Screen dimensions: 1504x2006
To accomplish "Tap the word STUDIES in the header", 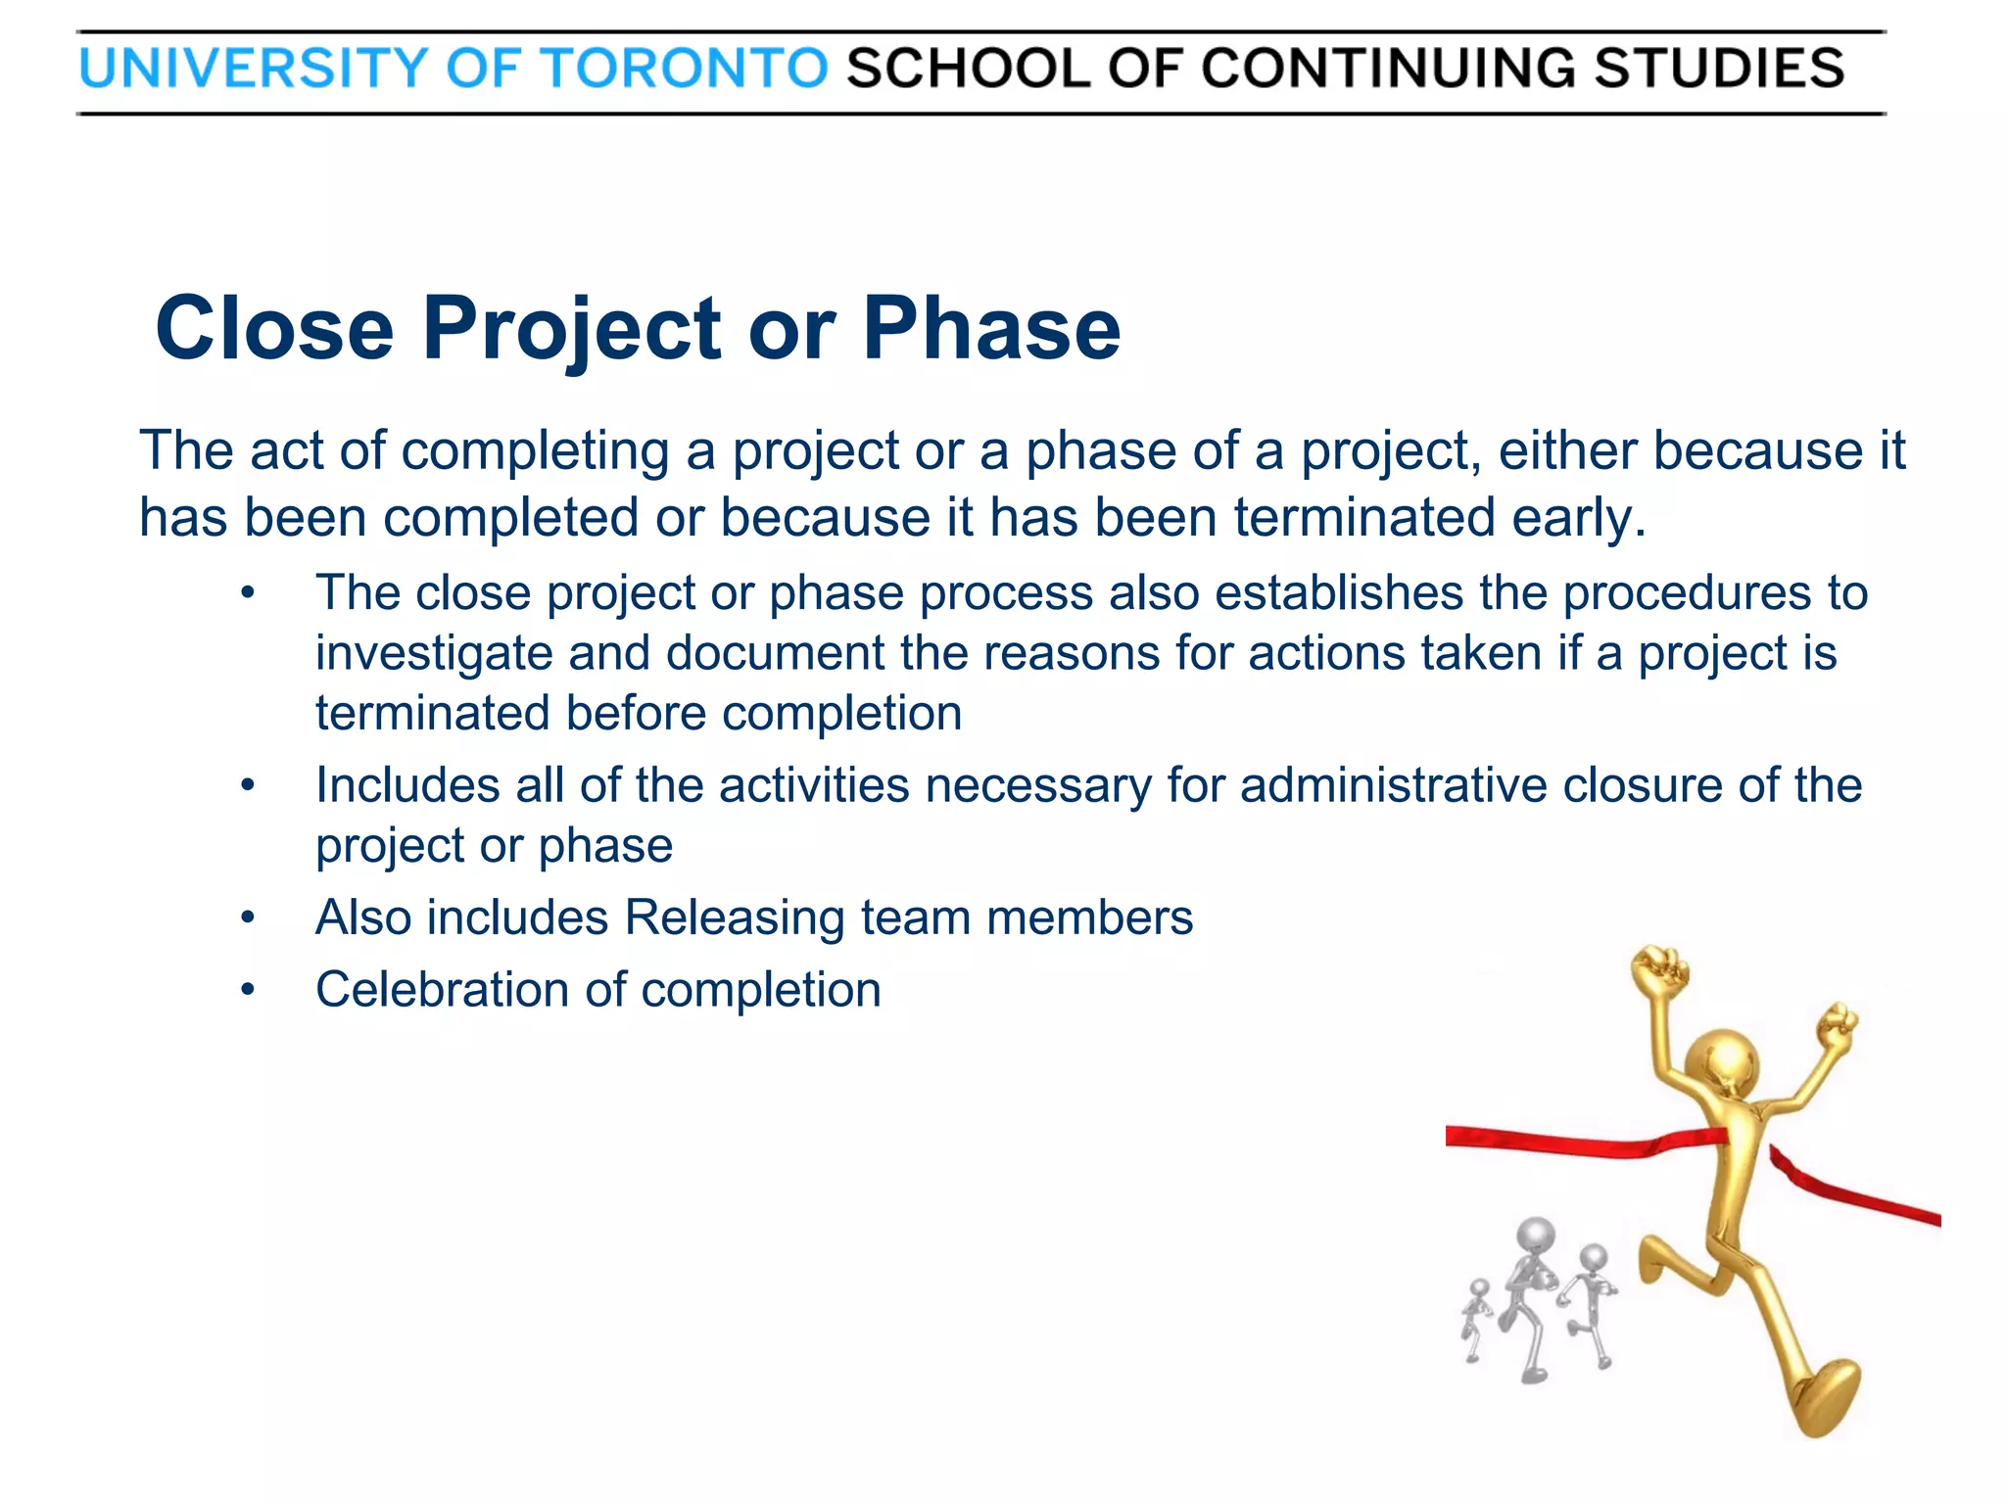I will coord(1718,69).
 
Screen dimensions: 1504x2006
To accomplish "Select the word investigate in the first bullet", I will coord(433,654).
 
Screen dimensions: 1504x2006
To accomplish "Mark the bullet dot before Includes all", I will coord(248,786).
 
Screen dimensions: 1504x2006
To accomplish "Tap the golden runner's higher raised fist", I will coord(1660,969).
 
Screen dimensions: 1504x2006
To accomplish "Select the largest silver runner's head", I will coord(1536,1236).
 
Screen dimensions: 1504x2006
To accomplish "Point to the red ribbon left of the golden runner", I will coord(1567,1141).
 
